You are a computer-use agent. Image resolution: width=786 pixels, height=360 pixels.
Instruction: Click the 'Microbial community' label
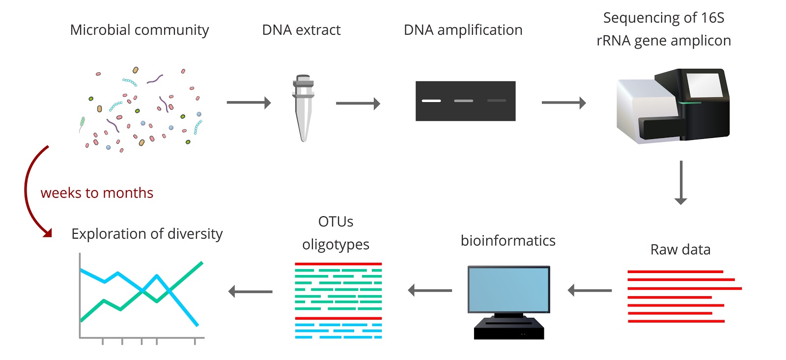140,30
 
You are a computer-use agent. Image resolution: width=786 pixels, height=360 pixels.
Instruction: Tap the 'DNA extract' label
301,30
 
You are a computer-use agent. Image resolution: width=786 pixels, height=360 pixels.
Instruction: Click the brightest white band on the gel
431,101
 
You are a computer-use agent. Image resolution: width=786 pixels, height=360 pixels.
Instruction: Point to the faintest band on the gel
496,101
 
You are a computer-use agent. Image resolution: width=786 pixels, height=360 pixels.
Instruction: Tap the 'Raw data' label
680,249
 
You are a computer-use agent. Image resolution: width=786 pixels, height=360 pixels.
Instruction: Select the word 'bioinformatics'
508,241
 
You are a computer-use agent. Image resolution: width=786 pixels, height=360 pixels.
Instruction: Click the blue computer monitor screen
508,289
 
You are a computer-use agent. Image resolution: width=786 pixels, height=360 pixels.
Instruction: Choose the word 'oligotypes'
336,245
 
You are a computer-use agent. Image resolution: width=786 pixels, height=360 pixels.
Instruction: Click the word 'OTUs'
336,222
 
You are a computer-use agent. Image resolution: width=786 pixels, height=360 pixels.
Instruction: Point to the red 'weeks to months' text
97,193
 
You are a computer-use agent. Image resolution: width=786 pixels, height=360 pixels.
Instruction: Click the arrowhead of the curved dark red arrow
48,232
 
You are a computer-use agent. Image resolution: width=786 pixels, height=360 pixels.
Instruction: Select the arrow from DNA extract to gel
358,104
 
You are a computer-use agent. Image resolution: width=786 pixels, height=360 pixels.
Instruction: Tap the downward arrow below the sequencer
681,182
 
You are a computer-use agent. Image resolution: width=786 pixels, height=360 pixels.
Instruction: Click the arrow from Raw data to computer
590,290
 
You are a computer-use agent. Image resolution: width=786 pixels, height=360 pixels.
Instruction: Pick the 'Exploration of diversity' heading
147,234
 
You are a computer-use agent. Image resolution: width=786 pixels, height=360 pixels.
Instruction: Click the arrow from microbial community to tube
249,103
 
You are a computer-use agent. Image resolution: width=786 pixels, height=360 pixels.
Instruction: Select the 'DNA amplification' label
463,30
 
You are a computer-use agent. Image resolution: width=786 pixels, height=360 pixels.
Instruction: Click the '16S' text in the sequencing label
712,18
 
